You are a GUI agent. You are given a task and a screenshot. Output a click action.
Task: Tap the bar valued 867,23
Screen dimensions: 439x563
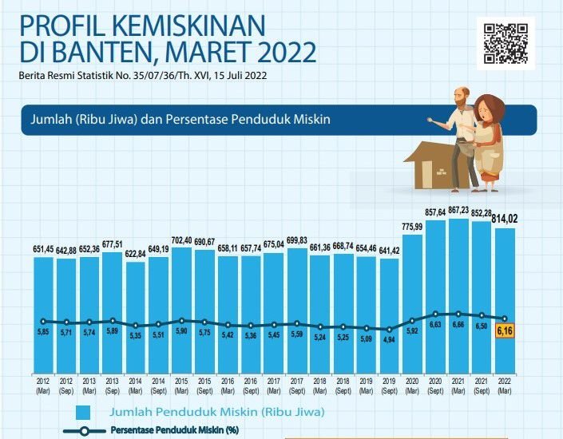[x=458, y=287]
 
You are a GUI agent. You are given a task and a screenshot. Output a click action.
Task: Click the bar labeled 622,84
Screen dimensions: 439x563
[x=136, y=307]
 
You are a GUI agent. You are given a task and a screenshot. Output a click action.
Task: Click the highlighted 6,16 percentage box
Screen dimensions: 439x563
[x=506, y=329]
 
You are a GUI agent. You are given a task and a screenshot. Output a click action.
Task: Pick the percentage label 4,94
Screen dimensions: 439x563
[x=389, y=339]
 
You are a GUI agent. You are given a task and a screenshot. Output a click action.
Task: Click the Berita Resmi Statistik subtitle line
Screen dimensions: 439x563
[x=144, y=77]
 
